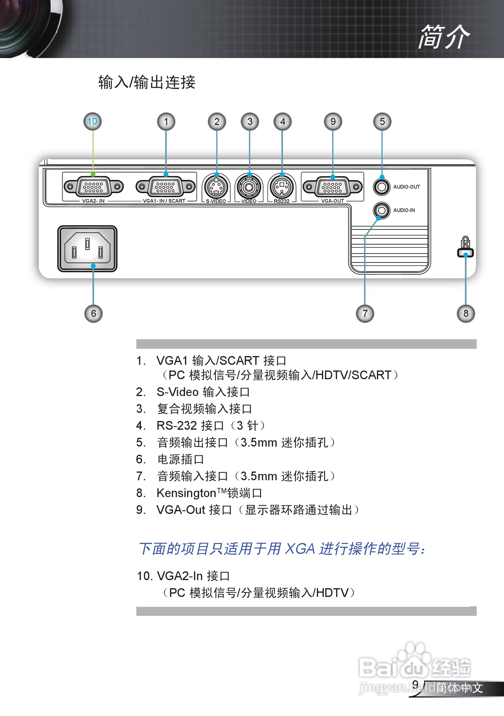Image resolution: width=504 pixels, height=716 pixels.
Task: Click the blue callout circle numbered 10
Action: point(93,121)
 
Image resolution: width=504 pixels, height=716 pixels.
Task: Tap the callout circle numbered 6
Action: point(93,313)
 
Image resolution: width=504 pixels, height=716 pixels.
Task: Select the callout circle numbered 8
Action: point(466,313)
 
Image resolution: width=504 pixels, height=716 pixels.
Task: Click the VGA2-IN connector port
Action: point(93,187)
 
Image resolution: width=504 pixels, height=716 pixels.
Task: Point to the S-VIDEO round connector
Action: point(216,187)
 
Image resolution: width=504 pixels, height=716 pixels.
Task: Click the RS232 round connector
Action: point(282,187)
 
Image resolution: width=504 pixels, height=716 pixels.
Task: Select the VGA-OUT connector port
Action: point(332,187)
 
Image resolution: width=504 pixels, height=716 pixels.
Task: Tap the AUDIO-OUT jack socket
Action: point(381,187)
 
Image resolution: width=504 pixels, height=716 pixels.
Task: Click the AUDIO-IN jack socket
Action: point(381,210)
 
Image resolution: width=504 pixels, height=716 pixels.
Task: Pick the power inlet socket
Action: point(87,249)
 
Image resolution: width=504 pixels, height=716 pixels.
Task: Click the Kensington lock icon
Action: point(465,246)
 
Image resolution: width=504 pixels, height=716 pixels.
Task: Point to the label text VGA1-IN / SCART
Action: point(164,201)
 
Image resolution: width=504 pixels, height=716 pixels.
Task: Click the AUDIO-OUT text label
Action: point(406,187)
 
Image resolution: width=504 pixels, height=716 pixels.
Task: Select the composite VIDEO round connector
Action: point(249,187)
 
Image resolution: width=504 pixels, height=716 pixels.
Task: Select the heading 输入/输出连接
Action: point(147,83)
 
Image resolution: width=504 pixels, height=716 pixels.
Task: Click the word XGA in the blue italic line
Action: point(300,549)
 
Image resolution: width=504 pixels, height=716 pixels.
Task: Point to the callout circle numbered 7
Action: point(365,313)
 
